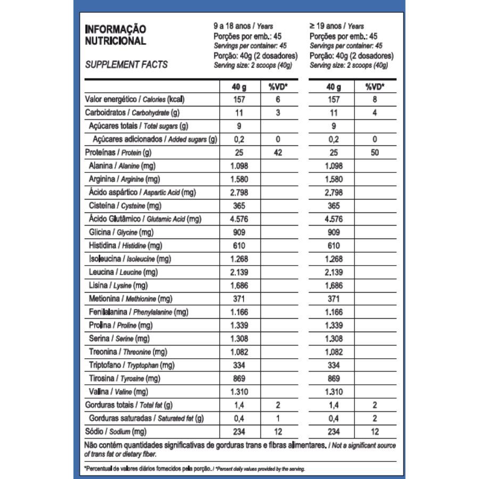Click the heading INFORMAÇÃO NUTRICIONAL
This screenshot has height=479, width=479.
(115, 35)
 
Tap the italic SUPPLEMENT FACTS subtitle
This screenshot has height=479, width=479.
(126, 64)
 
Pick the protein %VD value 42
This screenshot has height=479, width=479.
(277, 153)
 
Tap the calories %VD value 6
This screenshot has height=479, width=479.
(277, 100)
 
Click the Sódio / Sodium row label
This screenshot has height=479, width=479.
(115, 432)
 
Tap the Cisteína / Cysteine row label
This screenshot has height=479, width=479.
(125, 205)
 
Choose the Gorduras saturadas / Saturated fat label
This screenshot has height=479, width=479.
(147, 418)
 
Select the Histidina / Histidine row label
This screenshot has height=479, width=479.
(125, 245)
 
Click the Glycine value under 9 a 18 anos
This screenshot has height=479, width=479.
(239, 232)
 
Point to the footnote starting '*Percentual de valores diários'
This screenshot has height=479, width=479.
(195, 469)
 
